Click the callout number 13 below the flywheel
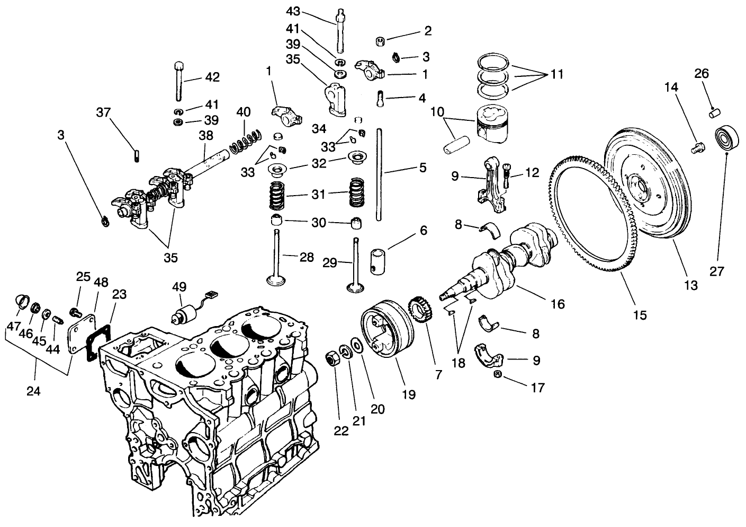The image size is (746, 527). (x=690, y=285)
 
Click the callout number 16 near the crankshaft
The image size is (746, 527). (x=558, y=304)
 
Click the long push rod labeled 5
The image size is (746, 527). (x=379, y=175)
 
